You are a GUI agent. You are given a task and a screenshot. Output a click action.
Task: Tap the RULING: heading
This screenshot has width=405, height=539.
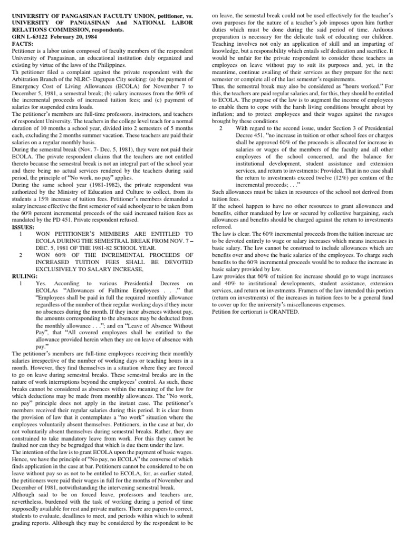24,275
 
